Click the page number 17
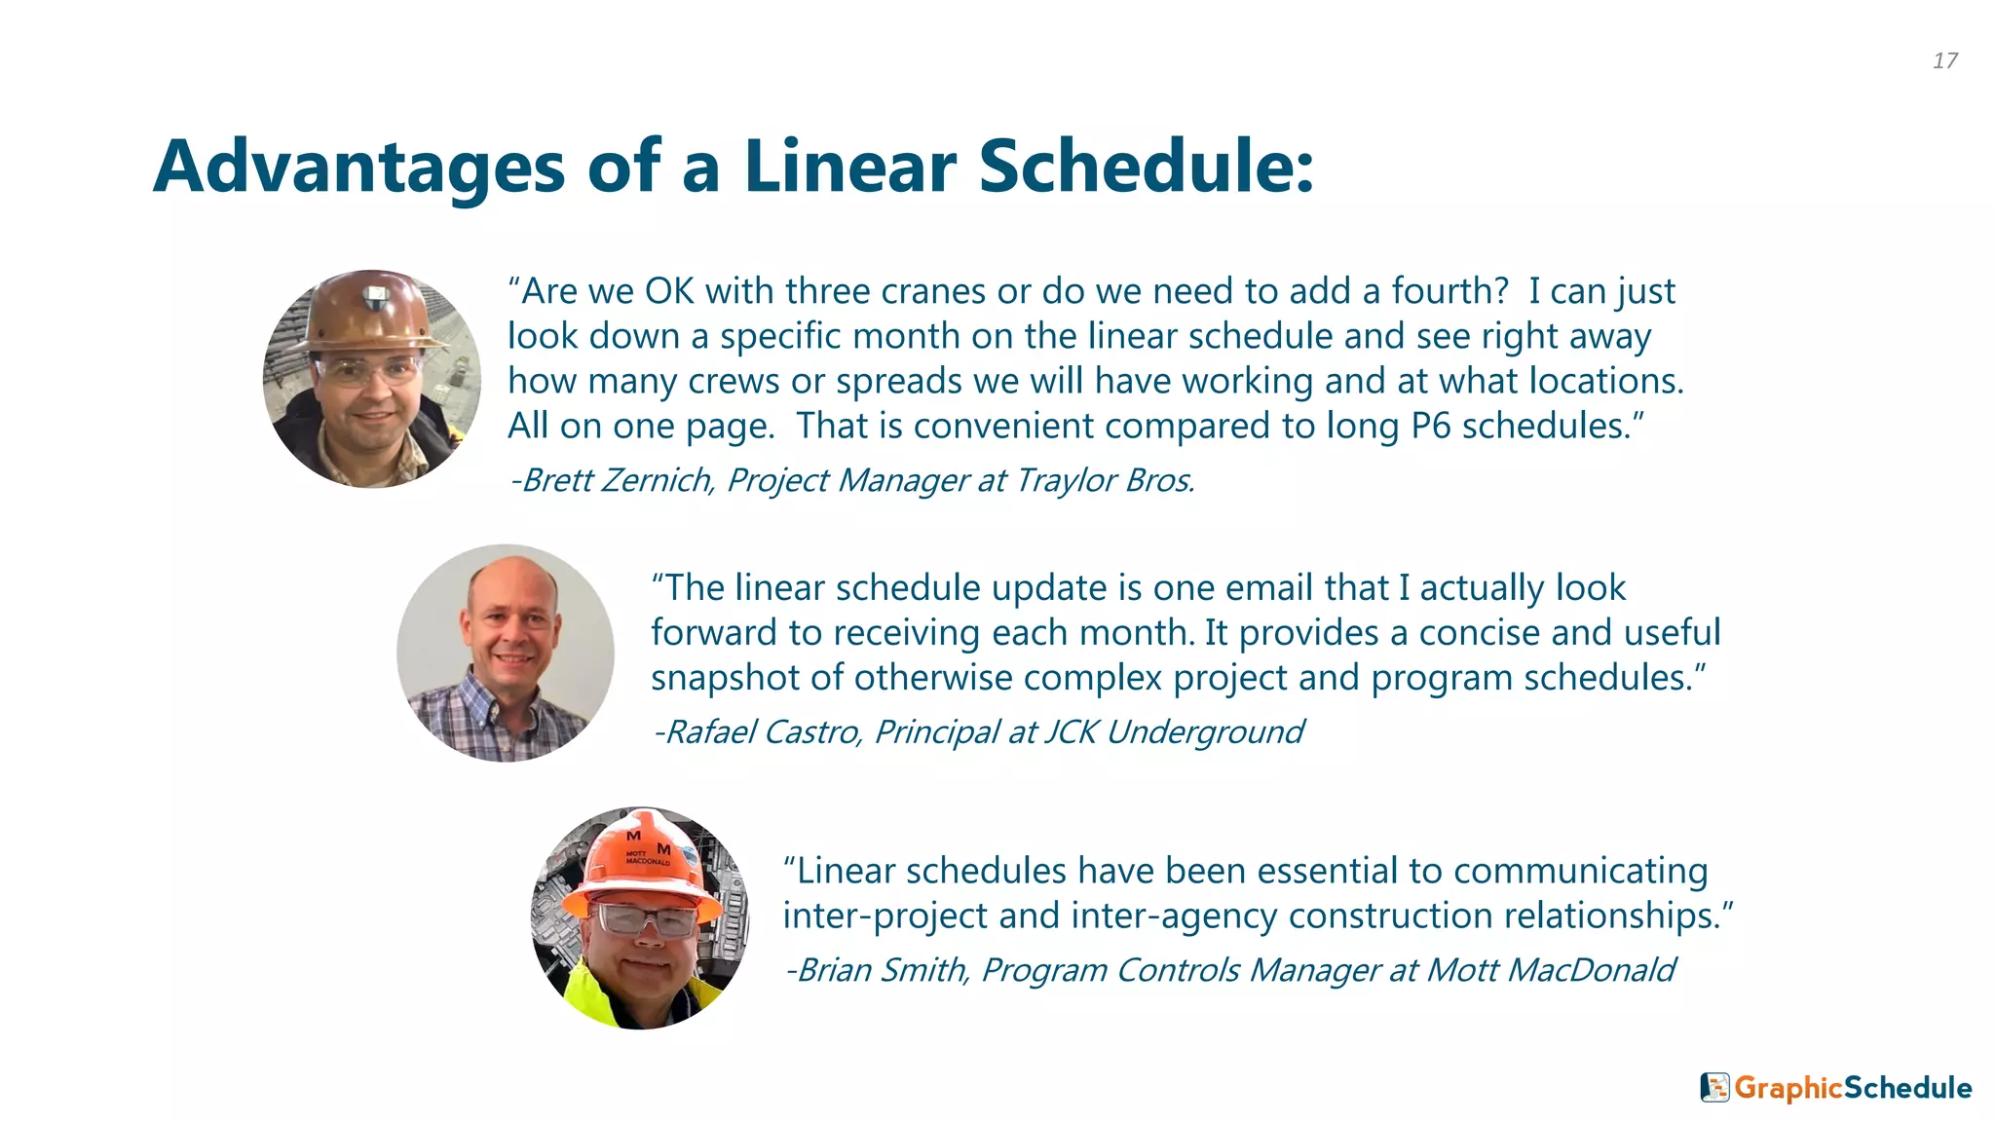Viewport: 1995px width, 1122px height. (x=1944, y=60)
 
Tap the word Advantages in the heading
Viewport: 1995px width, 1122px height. (x=358, y=168)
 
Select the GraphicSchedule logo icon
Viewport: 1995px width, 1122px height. (x=1714, y=1087)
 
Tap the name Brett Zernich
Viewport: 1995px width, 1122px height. (x=617, y=480)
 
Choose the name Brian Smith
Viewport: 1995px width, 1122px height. (x=882, y=970)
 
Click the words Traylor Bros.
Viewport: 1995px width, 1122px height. (x=1104, y=480)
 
